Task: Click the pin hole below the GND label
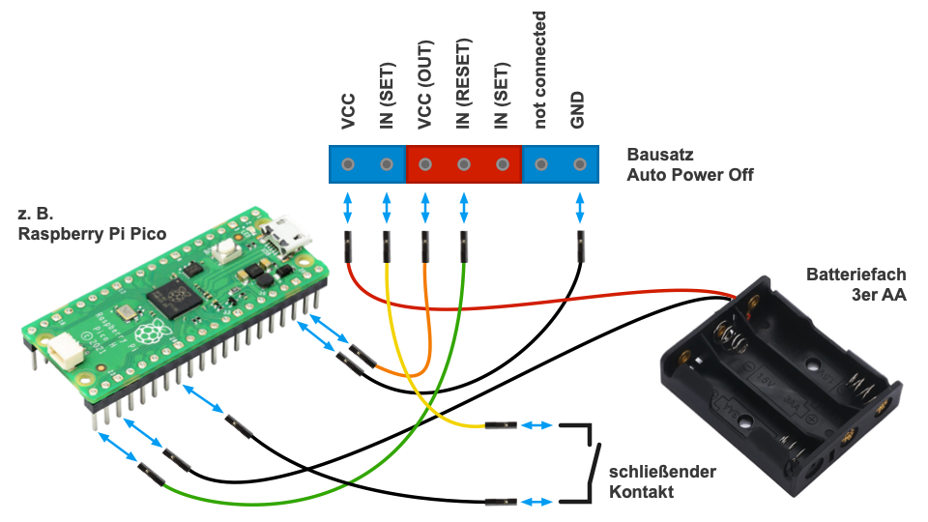point(580,164)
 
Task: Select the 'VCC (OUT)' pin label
point(425,85)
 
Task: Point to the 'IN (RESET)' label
point(464,84)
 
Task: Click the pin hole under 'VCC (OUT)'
point(425,164)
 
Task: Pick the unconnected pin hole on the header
point(541,164)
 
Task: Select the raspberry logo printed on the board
point(148,333)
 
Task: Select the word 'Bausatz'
point(660,155)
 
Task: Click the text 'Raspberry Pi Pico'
point(92,234)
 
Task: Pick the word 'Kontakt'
point(641,493)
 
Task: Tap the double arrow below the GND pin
point(580,207)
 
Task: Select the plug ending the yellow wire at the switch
point(500,425)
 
